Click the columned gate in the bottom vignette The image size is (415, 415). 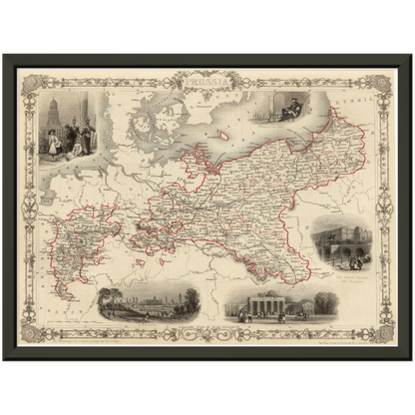coord(261,304)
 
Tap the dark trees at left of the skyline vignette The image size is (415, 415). coord(108,299)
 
